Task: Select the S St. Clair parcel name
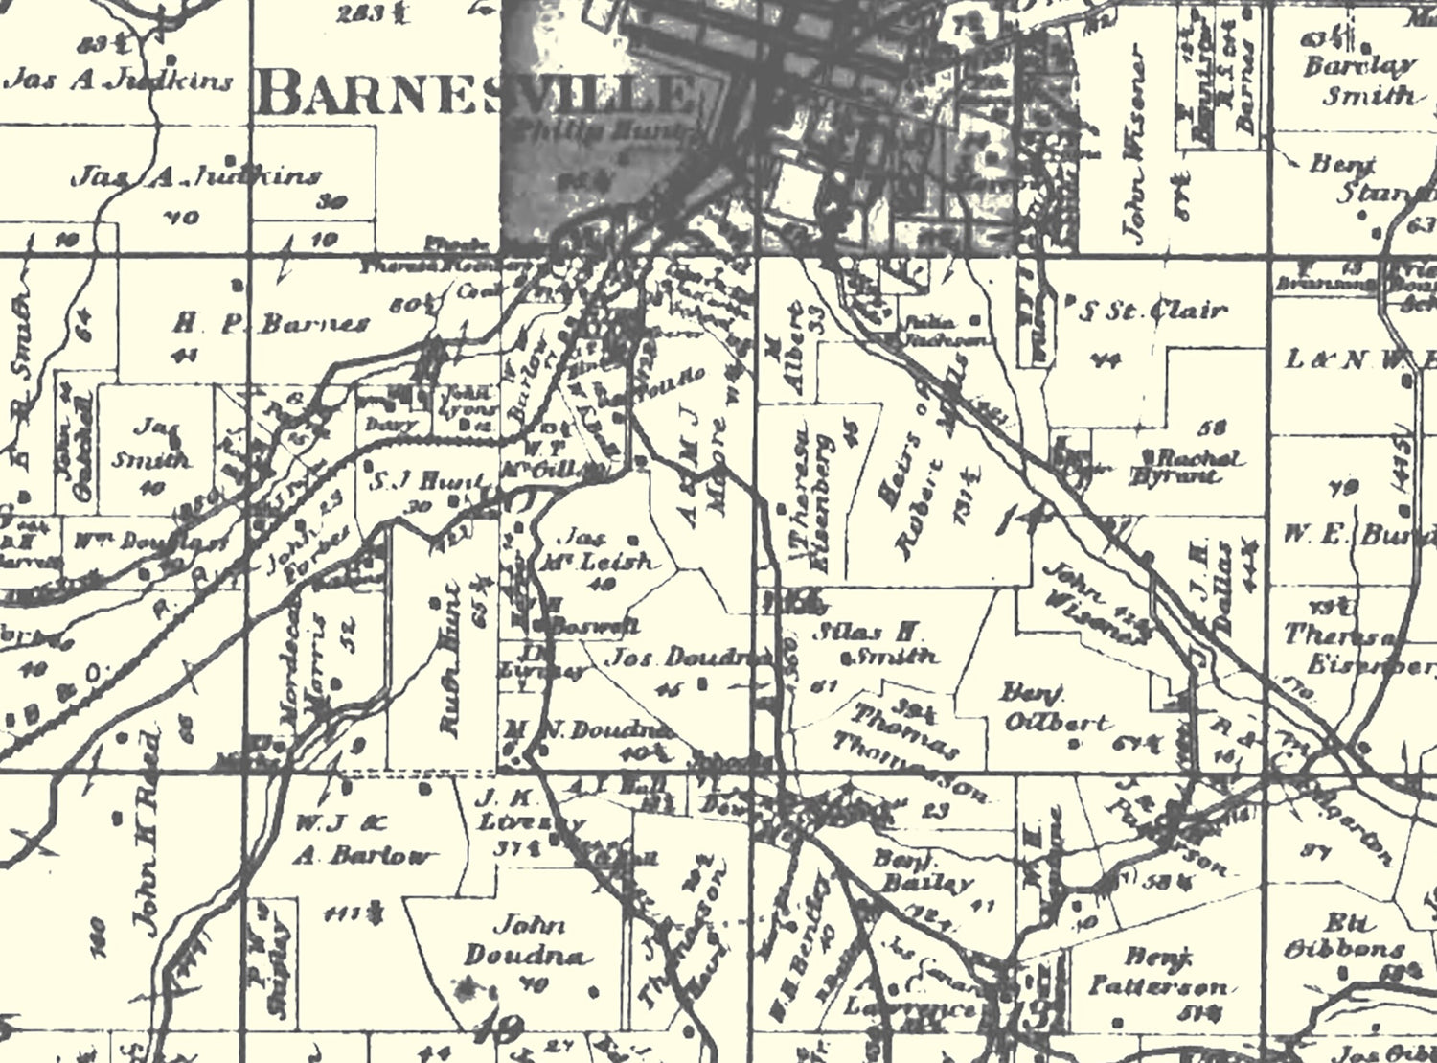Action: click(1153, 310)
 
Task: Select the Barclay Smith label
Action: click(1360, 81)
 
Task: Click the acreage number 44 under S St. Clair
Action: click(1111, 361)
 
